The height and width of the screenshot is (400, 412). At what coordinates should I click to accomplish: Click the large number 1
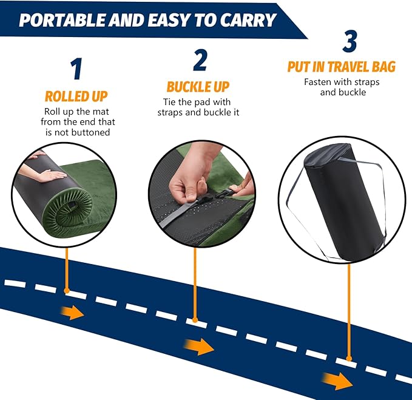[x=76, y=69]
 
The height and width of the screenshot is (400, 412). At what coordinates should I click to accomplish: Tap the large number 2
[x=200, y=59]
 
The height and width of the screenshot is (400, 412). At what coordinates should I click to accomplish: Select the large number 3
[x=350, y=41]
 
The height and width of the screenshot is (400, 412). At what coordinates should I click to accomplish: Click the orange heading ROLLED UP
[x=76, y=96]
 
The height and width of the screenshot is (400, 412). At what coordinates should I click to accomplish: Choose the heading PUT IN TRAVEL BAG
[x=342, y=66]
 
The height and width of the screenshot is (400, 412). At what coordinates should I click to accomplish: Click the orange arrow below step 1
[x=73, y=313]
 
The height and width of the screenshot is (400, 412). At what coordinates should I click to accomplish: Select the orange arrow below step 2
[x=204, y=347]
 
